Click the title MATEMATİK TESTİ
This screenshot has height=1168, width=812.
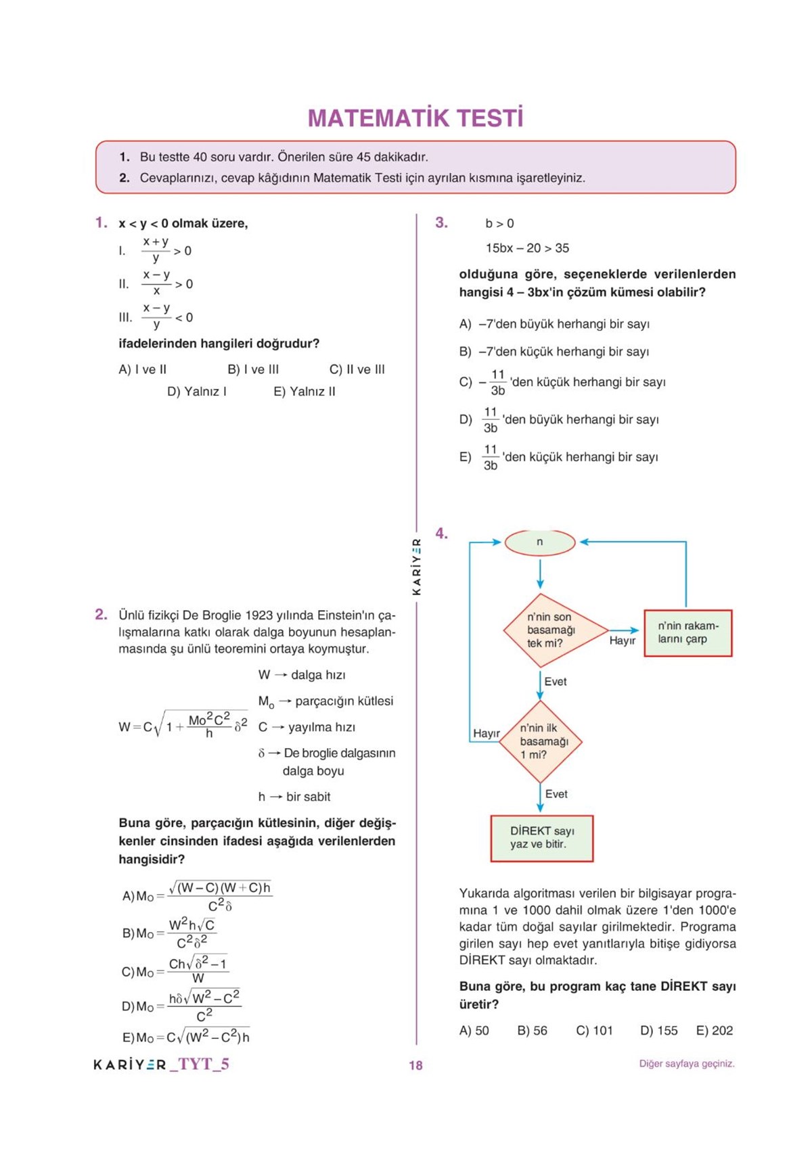click(x=415, y=118)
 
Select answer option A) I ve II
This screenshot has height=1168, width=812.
click(x=142, y=369)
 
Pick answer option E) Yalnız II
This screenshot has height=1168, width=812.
click(x=304, y=392)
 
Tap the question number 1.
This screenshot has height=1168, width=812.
click(x=101, y=223)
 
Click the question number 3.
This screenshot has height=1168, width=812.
click(x=441, y=223)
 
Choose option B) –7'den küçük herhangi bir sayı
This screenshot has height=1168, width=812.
click(x=554, y=352)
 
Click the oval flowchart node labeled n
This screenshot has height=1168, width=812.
click(x=540, y=542)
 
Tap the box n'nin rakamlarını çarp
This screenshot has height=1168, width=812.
click(x=687, y=633)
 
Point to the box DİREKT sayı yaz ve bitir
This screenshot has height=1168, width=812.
click(x=541, y=838)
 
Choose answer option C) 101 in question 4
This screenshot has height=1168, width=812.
click(x=594, y=1031)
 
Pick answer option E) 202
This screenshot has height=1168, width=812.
click(x=715, y=1031)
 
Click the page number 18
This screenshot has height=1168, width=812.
click(x=415, y=1065)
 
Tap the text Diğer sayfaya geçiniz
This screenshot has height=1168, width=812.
click(x=687, y=1064)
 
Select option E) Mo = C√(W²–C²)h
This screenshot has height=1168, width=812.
click(x=186, y=1037)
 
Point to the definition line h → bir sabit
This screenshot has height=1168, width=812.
click(x=294, y=797)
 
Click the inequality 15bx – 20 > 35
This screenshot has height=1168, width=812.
click(x=527, y=248)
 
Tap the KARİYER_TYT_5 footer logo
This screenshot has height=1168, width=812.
click(x=161, y=1065)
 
